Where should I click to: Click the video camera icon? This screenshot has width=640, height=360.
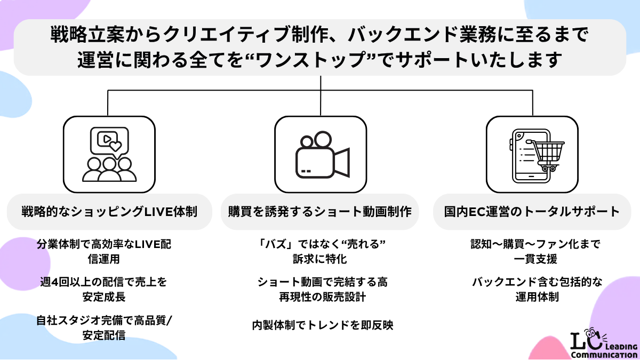coord(322,155)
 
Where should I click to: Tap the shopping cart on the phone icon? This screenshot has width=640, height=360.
coord(546,155)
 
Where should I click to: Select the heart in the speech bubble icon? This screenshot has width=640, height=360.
coord(116,146)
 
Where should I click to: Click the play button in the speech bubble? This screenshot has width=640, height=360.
coord(107,139)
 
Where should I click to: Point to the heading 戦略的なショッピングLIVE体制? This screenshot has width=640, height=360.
coord(109,212)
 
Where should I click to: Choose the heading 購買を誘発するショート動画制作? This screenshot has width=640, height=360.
coord(319,212)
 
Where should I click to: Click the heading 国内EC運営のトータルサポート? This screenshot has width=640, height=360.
coord(532,212)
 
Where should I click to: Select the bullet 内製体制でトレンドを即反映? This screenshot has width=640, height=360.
coord(323,325)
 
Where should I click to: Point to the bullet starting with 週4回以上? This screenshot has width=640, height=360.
coord(103,290)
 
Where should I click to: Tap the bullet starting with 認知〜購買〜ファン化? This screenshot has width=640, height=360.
coord(535,252)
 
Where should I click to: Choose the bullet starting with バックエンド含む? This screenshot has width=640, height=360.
coord(537,290)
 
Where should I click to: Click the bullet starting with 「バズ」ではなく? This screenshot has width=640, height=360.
coord(321,252)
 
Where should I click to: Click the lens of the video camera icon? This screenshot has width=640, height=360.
coord(342,163)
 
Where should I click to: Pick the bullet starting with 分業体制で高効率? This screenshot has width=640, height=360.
coord(103,252)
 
